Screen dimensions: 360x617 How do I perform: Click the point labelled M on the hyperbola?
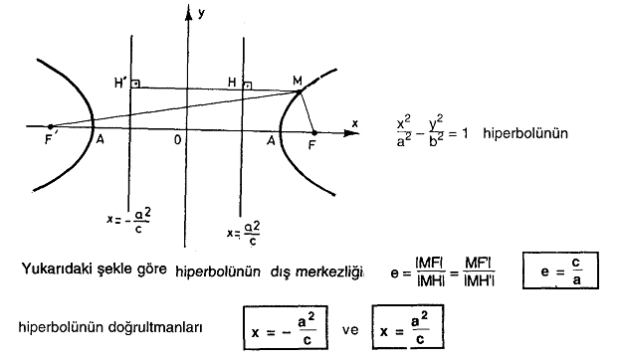[x=299, y=91]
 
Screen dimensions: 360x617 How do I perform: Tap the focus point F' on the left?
[x=52, y=126]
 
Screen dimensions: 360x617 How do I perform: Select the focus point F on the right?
[x=313, y=131]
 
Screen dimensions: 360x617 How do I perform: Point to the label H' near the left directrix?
[x=118, y=80]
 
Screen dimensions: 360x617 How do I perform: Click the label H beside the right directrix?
[x=231, y=81]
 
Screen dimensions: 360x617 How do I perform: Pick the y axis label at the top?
[x=201, y=14]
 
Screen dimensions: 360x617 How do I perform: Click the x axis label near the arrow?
[x=353, y=122]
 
